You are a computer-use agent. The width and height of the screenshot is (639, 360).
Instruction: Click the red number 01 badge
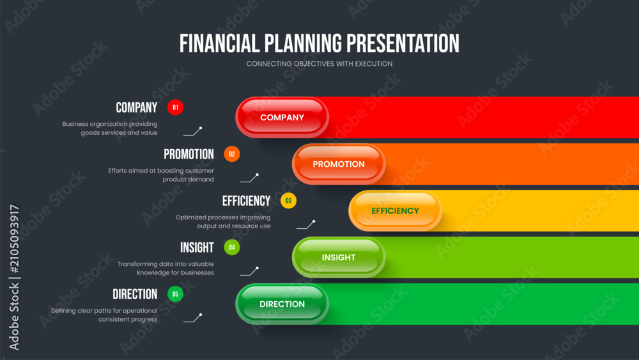click(175, 107)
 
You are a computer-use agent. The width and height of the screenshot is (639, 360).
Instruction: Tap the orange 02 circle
click(232, 154)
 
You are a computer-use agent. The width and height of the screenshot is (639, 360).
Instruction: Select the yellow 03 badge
click(289, 201)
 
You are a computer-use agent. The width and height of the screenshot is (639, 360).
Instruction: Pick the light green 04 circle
click(232, 247)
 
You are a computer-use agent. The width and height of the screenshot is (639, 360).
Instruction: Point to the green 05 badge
click(175, 294)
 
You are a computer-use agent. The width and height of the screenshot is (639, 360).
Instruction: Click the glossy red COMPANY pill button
click(282, 118)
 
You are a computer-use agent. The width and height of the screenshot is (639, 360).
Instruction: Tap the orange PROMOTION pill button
click(339, 164)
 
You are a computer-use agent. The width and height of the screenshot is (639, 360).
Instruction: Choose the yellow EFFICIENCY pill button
click(396, 211)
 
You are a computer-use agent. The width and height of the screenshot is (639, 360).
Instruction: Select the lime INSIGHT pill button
click(339, 257)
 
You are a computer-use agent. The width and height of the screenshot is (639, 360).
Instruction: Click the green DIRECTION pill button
click(282, 304)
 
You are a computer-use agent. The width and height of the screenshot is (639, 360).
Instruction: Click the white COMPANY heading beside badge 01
click(137, 107)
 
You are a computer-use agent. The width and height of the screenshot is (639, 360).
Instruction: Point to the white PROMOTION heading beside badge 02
click(189, 154)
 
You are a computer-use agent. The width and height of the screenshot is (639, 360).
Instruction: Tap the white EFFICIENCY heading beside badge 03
click(246, 201)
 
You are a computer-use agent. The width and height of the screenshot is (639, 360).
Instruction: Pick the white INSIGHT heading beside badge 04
click(197, 247)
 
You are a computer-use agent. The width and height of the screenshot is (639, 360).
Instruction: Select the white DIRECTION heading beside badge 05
click(135, 294)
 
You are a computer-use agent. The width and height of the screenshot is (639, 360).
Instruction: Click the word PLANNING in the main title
click(303, 43)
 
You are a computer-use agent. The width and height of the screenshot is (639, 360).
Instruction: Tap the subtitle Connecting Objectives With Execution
click(319, 64)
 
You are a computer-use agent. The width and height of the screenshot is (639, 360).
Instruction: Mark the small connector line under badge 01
click(193, 131)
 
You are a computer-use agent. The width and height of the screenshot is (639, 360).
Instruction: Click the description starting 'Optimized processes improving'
click(223, 222)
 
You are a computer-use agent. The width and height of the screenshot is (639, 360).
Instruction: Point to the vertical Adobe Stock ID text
click(14, 278)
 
